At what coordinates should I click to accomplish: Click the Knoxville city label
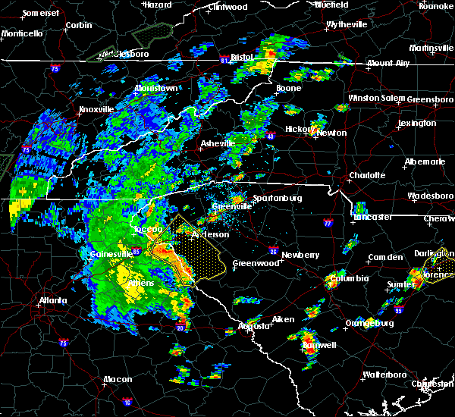tap(96, 109)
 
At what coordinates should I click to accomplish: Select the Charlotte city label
tap(367, 175)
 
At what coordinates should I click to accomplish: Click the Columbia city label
tap(349, 278)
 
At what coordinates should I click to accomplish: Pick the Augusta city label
tap(254, 326)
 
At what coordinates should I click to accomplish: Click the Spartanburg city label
tap(278, 198)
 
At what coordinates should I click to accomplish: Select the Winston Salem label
tap(377, 99)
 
